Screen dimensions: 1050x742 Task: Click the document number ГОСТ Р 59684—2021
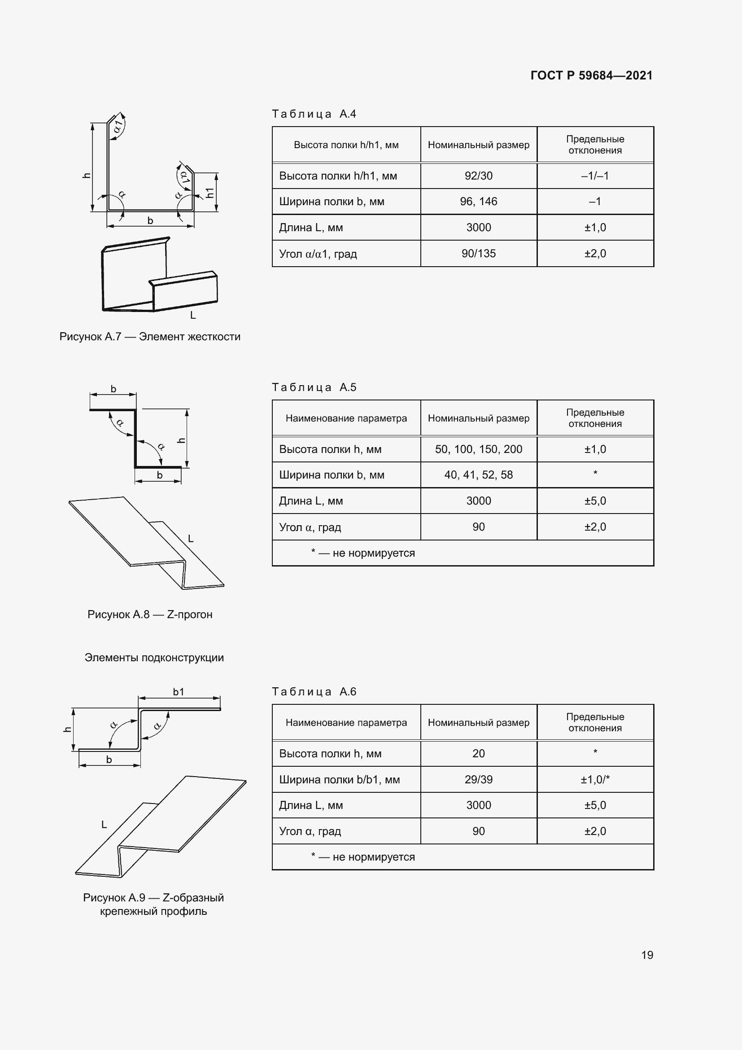pos(591,75)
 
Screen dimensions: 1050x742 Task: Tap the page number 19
pos(647,955)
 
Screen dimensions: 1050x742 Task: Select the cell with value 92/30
pos(478,176)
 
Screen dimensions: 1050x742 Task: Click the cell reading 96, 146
pos(478,202)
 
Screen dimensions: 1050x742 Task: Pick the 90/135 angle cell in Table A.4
pos(478,253)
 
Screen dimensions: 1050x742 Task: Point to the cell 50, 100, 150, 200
pos(478,449)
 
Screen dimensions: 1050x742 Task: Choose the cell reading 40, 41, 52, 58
pos(478,474)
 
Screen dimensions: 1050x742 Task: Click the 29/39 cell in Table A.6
pos(478,779)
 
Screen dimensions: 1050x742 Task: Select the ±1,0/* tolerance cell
pos(595,779)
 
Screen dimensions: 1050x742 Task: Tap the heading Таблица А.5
pos(314,387)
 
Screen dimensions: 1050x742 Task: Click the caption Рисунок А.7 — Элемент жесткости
pos(150,337)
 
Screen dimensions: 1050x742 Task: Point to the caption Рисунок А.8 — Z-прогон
pos(150,614)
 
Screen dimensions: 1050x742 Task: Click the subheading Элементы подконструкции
pos(154,658)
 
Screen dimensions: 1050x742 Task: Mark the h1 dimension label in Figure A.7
pos(210,193)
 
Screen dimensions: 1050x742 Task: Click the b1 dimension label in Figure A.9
pos(178,692)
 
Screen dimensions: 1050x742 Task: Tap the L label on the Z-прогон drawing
pos(191,539)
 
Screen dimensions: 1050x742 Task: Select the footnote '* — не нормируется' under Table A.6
pos(363,857)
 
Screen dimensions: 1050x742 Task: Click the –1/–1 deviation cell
pos(595,176)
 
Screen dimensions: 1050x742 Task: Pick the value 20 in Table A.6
pos(478,753)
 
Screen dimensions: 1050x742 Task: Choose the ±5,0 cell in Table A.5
pos(595,501)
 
